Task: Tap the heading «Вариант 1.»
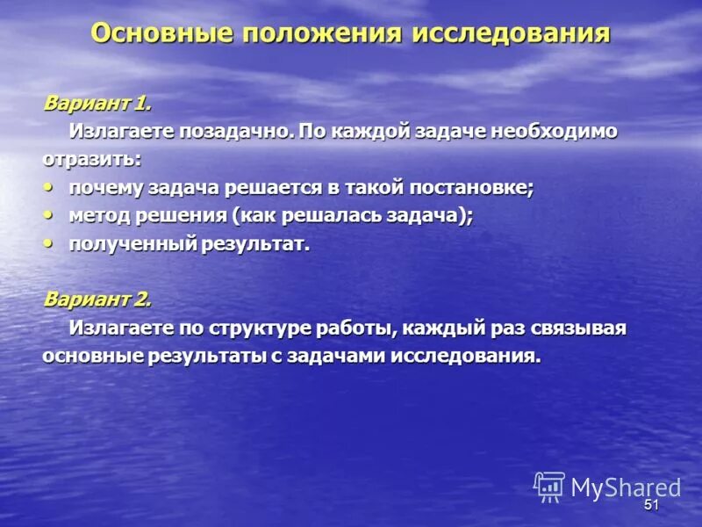click(97, 104)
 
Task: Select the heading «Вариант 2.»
click(97, 299)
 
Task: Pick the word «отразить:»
click(91, 160)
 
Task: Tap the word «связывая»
click(580, 328)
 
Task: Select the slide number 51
click(651, 505)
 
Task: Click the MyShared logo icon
click(549, 487)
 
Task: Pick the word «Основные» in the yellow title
click(161, 34)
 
